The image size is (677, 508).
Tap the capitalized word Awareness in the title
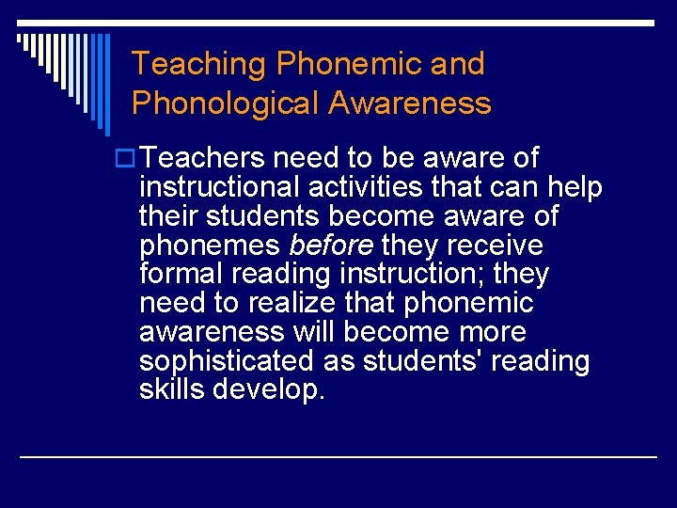click(410, 103)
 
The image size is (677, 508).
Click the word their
click(165, 216)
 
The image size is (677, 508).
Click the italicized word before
click(331, 246)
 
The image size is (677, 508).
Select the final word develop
click(270, 390)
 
